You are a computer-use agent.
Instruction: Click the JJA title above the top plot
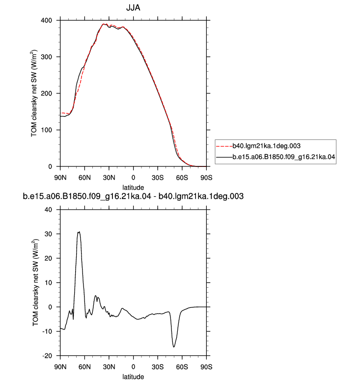click(133, 8)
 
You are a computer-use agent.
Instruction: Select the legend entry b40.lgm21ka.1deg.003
click(266, 146)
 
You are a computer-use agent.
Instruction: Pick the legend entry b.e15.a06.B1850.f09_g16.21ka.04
click(284, 157)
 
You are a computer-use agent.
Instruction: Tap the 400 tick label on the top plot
click(46, 21)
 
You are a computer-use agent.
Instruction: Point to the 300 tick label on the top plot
click(46, 57)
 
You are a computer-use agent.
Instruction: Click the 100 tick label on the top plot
click(46, 130)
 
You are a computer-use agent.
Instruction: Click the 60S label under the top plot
click(182, 178)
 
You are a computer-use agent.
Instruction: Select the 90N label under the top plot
click(60, 178)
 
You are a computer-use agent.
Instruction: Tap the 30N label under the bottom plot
click(109, 367)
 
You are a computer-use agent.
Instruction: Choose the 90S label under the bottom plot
click(206, 367)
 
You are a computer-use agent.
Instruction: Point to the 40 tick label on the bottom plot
click(49, 210)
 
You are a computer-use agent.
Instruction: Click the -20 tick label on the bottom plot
click(47, 356)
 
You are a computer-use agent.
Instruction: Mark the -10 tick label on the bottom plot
click(47, 331)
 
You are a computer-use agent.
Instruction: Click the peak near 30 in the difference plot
click(79, 232)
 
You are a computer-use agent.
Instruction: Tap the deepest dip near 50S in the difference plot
click(174, 347)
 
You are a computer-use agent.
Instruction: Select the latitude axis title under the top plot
click(133, 188)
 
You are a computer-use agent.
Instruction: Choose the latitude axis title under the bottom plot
click(133, 377)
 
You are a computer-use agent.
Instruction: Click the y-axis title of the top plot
click(33, 94)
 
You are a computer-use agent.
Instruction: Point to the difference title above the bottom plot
click(133, 196)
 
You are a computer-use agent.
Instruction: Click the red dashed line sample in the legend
click(224, 146)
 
